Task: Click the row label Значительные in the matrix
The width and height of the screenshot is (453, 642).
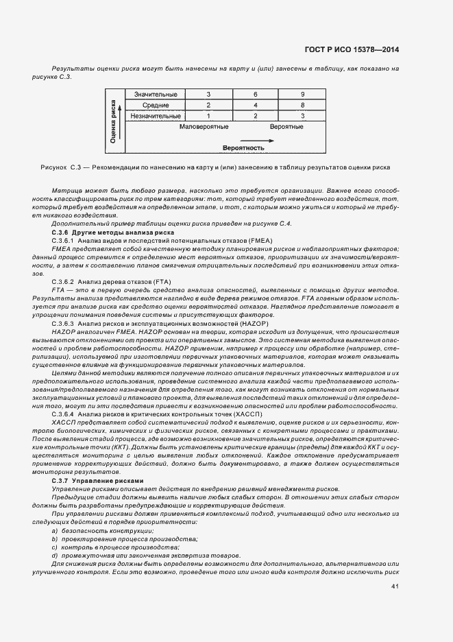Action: click(x=156, y=94)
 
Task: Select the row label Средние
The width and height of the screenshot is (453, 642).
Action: click(x=156, y=105)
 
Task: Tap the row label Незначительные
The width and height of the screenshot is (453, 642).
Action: click(x=156, y=117)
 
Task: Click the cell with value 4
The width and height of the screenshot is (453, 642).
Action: click(x=255, y=105)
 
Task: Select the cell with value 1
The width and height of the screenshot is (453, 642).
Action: click(x=208, y=117)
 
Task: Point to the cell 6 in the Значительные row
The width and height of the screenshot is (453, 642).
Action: click(x=255, y=94)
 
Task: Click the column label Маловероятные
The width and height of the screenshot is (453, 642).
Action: click(x=204, y=128)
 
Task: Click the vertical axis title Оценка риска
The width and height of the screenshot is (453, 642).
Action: click(x=112, y=120)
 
